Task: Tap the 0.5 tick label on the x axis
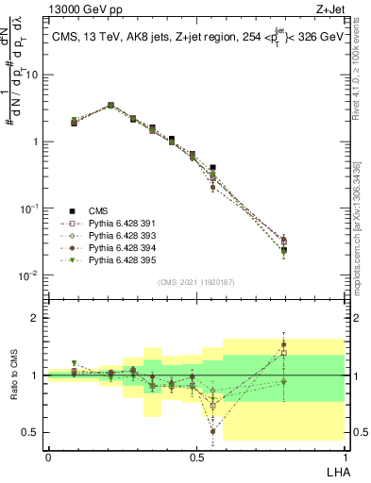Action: pyautogui.click(x=196, y=457)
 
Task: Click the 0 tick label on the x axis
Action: pyautogui.click(x=48, y=457)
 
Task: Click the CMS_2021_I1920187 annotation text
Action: pyautogui.click(x=196, y=280)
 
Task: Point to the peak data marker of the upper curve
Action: pyautogui.click(x=110, y=106)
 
